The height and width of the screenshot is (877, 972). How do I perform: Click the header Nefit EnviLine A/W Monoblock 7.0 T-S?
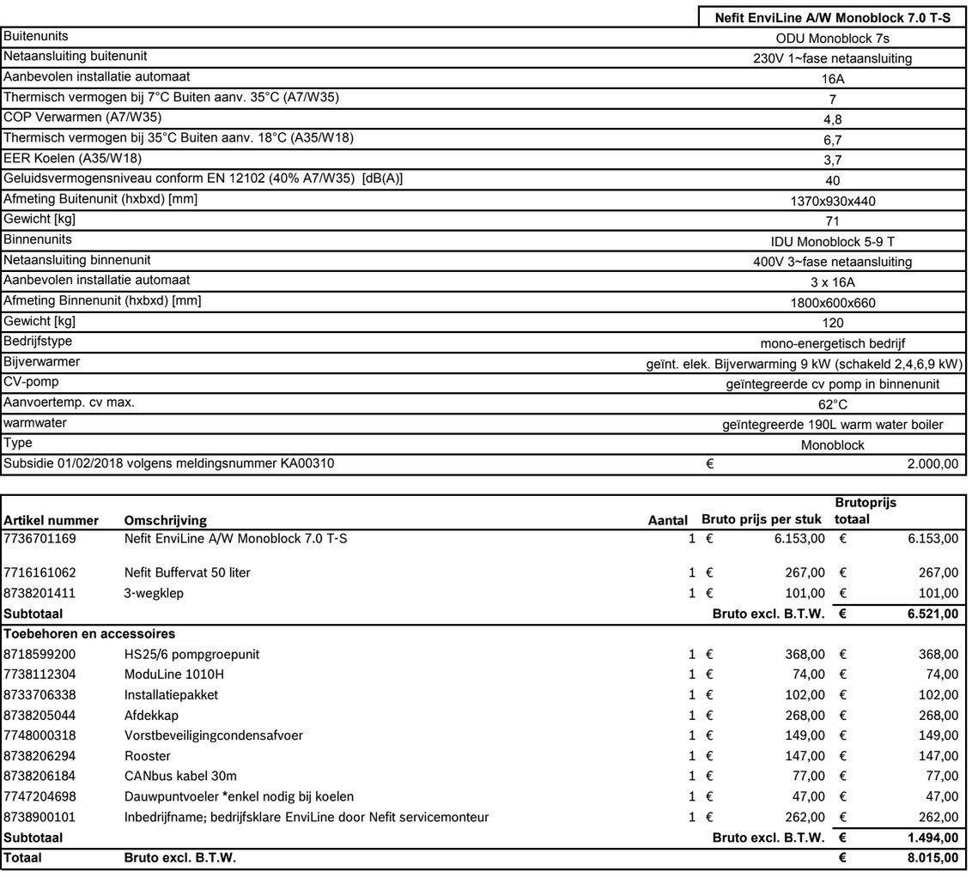point(832,17)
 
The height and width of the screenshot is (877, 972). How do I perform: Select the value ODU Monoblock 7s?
point(832,38)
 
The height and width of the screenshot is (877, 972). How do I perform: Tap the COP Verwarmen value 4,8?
point(832,119)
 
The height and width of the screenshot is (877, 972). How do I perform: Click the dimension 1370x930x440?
point(832,201)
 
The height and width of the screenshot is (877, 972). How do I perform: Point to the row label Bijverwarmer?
point(42,362)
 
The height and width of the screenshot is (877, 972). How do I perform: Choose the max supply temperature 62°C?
point(832,404)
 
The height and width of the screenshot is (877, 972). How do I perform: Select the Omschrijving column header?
point(165,520)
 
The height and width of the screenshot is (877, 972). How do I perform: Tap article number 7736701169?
point(39,539)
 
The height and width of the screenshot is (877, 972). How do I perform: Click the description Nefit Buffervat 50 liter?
point(187,572)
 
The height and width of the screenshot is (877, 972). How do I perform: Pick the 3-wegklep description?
point(154,593)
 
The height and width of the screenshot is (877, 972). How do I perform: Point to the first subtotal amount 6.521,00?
point(932,614)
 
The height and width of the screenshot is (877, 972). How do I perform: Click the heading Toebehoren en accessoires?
point(89,634)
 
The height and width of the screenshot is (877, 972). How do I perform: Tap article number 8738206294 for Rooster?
point(39,756)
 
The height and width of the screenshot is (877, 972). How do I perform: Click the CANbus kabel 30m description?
point(180,777)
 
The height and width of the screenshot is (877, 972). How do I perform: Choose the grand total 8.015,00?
point(932,857)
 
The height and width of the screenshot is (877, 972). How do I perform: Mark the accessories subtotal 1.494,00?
point(932,838)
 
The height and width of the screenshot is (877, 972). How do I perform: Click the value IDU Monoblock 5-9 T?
point(832,242)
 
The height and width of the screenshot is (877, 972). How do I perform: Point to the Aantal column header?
point(667,520)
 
